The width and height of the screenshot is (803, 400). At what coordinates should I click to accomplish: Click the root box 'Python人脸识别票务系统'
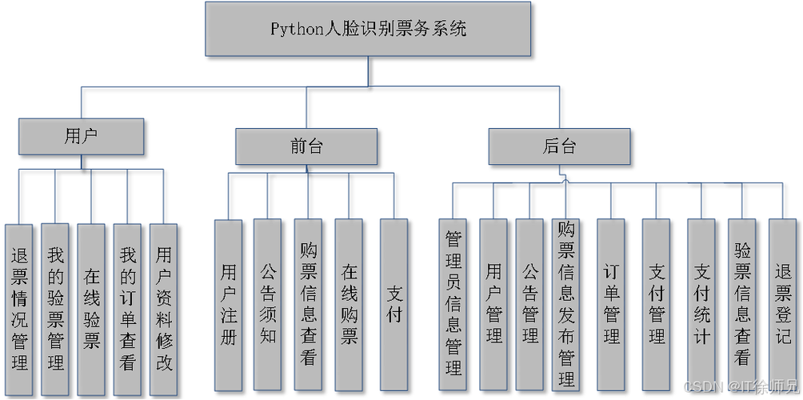367,29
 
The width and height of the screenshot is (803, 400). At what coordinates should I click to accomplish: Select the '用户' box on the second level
81,135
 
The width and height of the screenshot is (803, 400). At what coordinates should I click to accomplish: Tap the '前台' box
306,146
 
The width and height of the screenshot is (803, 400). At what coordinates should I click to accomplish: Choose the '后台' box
559,146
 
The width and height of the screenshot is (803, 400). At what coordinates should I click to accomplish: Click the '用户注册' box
228,304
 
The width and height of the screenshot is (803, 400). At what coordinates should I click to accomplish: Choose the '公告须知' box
267,304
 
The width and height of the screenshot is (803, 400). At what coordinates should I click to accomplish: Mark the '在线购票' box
349,304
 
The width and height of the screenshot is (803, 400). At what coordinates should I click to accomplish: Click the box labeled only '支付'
394,304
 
